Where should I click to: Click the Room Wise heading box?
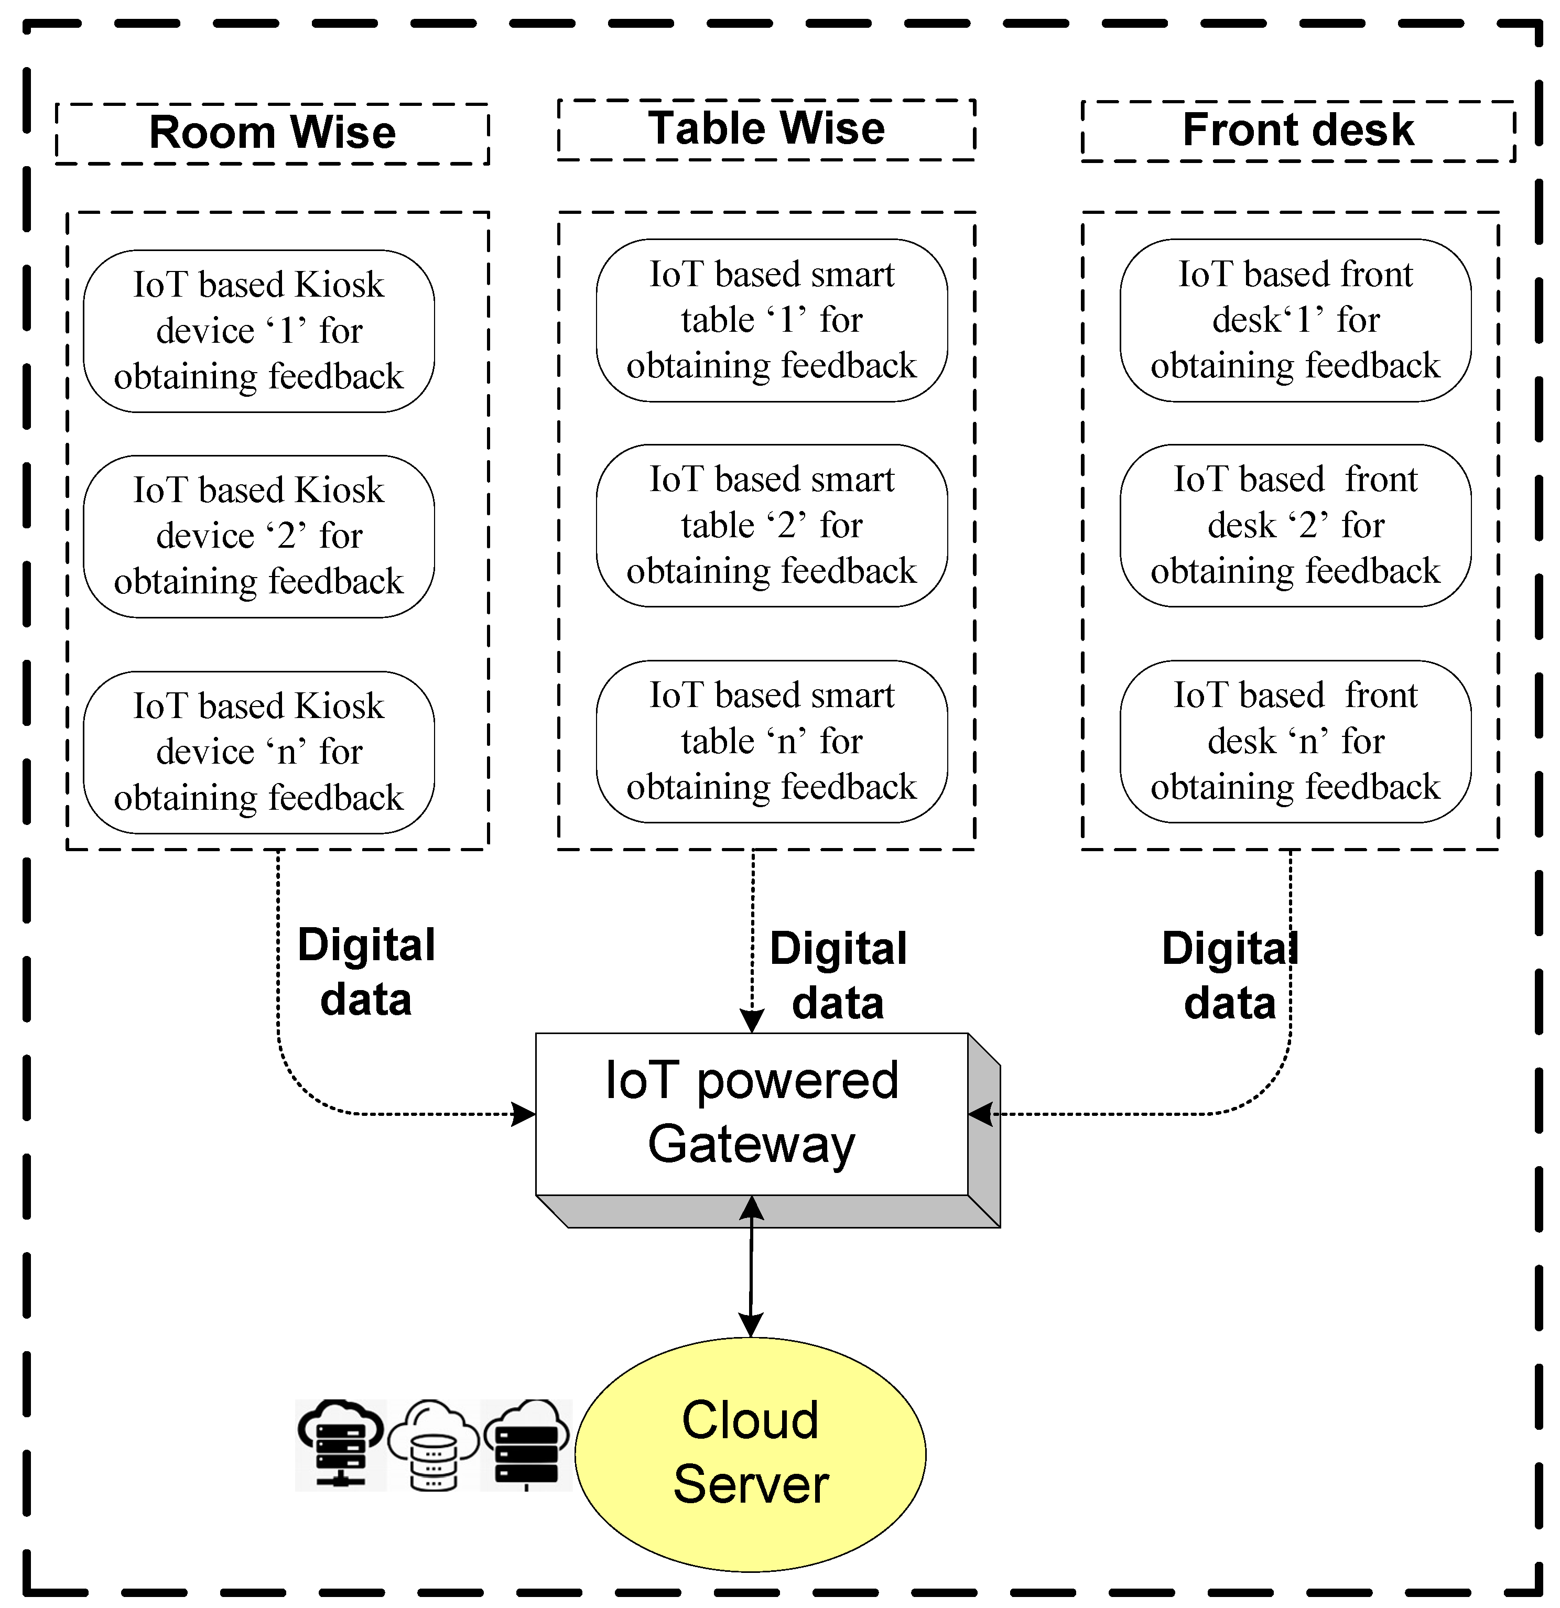273,133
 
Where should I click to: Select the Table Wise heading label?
766,129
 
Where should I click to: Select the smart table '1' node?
772,320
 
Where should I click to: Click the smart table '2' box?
772,525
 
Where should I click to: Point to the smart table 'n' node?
772,741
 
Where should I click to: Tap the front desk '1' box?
1295,320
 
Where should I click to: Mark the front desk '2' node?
1295,525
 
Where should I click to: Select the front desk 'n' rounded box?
1295,741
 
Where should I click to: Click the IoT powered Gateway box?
752,1113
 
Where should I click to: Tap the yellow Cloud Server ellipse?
750,1454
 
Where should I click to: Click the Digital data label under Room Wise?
366,972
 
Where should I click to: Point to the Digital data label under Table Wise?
838,975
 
